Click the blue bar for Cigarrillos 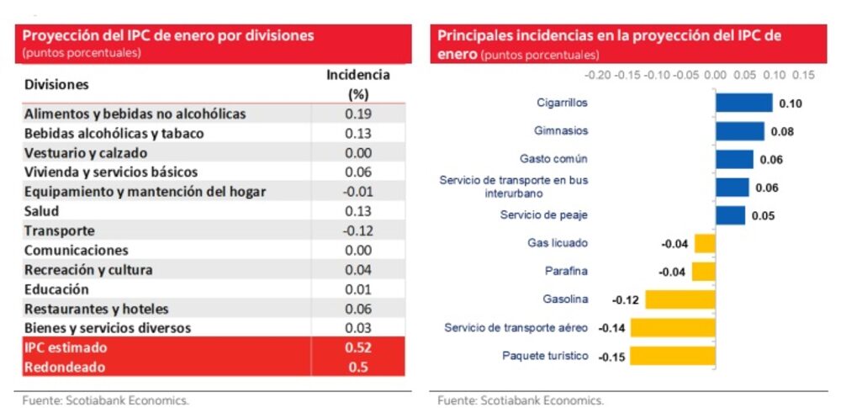point(743,103)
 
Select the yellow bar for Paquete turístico point(673,356)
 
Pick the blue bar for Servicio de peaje point(730,215)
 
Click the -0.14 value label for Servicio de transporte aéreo point(611,328)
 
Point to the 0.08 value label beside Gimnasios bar point(782,131)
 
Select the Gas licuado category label point(558,243)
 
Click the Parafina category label point(566,271)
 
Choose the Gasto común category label point(553,158)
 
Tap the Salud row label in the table point(41,211)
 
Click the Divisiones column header point(56,85)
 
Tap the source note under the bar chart point(520,400)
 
